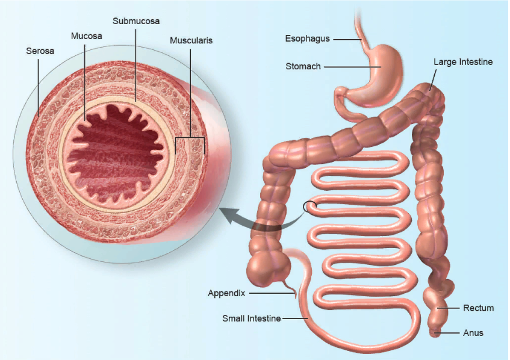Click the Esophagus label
[307, 39]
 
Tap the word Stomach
[303, 66]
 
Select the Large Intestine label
[463, 62]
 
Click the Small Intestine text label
[251, 318]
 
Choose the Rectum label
[478, 308]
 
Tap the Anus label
[473, 333]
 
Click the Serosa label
[40, 51]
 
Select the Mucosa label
[86, 36]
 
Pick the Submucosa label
[136, 20]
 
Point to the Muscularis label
[191, 41]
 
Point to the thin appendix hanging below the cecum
[292, 289]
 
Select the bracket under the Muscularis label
[190, 139]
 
